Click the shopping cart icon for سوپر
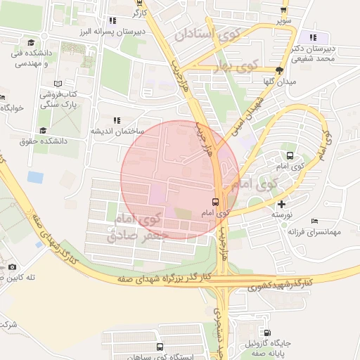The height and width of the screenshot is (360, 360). tap(283, 10)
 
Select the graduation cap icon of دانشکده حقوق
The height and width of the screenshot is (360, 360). tap(43, 130)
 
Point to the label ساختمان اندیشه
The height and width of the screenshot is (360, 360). tap(117, 131)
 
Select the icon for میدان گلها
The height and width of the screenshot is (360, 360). tap(279, 70)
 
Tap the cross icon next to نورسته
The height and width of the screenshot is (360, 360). tap(282, 203)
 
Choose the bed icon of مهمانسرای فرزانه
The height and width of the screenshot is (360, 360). tap(314, 221)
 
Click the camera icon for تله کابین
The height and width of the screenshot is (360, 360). tap(12, 267)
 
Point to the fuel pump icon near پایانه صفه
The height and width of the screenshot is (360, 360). tap(268, 333)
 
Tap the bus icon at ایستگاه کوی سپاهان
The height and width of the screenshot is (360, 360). tap(160, 347)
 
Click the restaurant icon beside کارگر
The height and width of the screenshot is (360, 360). tap(112, 20)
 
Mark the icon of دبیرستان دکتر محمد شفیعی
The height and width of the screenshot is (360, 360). tap(313, 37)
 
